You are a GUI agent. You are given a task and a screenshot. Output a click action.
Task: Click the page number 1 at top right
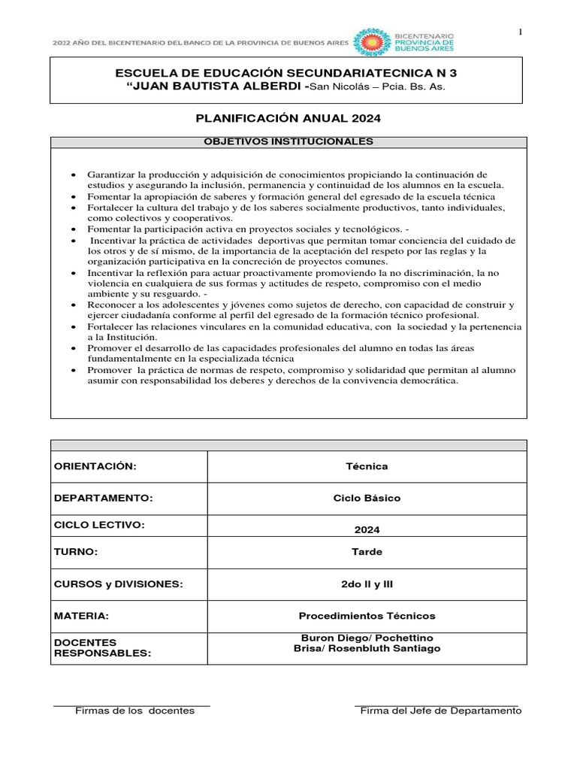519,31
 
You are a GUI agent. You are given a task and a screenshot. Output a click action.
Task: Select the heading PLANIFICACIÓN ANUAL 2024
288,118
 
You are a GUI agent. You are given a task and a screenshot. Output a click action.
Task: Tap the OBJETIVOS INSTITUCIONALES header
288,141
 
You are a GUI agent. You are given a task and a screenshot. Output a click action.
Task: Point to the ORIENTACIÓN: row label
95,466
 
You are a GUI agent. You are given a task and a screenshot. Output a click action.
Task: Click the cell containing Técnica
367,466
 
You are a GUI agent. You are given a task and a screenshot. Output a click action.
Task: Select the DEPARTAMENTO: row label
104,498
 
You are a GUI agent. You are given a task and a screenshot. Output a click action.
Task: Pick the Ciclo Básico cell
367,498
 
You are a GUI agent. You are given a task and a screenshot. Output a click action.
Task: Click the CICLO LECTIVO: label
98,523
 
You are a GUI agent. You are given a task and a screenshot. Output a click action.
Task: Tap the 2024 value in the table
367,529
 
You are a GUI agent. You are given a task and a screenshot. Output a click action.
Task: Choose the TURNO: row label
76,551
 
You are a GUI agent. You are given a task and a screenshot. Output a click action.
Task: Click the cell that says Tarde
367,551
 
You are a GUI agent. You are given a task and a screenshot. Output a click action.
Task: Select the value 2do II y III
367,584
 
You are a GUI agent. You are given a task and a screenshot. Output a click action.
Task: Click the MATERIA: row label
81,615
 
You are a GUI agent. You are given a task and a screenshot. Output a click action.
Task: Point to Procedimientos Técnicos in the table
367,615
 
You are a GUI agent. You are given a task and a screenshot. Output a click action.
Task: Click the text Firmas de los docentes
134,711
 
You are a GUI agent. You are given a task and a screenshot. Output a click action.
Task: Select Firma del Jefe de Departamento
440,711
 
